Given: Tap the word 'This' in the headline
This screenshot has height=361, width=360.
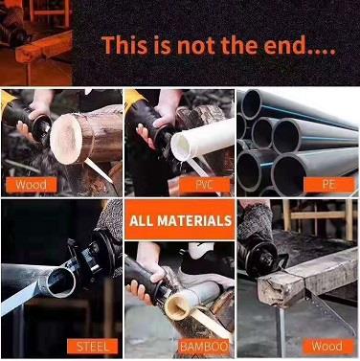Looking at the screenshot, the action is pyautogui.click(x=124, y=45).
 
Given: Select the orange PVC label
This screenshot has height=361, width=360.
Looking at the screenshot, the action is pyautogui.click(x=204, y=186).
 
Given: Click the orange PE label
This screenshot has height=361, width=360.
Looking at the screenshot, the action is pyautogui.click(x=329, y=186).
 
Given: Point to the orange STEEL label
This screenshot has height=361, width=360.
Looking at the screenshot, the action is pyautogui.click(x=93, y=347).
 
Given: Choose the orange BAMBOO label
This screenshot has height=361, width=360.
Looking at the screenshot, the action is pyautogui.click(x=204, y=347).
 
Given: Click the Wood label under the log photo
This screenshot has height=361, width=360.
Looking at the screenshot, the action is pyautogui.click(x=31, y=185).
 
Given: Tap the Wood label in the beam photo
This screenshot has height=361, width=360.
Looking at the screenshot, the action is pyautogui.click(x=328, y=347).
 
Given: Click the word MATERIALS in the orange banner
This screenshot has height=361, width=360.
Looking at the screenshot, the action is pyautogui.click(x=194, y=221).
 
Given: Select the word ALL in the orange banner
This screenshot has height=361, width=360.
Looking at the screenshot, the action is pyautogui.click(x=142, y=221).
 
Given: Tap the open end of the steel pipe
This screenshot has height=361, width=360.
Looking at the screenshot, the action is pyautogui.click(x=60, y=282).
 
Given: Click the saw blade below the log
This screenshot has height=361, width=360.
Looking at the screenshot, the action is pyautogui.click(x=99, y=171).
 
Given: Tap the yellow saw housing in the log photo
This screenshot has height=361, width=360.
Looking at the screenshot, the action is pyautogui.click(x=7, y=102).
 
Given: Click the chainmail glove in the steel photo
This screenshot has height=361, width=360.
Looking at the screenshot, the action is pyautogui.click(x=109, y=217).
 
